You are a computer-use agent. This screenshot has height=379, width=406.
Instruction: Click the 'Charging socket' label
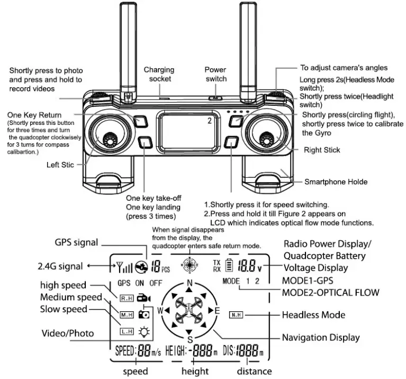(x=159, y=75)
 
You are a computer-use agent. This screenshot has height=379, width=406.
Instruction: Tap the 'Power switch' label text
(x=215, y=74)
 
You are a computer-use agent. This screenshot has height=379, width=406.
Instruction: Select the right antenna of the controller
(x=247, y=48)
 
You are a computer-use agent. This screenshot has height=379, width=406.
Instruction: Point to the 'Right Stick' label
(x=322, y=150)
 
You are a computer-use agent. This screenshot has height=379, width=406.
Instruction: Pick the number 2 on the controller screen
(x=210, y=121)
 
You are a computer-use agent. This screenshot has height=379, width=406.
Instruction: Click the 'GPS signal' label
(x=76, y=242)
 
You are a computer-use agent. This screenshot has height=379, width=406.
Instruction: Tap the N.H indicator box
(x=236, y=315)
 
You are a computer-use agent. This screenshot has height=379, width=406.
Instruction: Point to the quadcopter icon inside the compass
(x=190, y=310)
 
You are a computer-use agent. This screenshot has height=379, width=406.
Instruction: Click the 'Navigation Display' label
(x=321, y=338)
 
